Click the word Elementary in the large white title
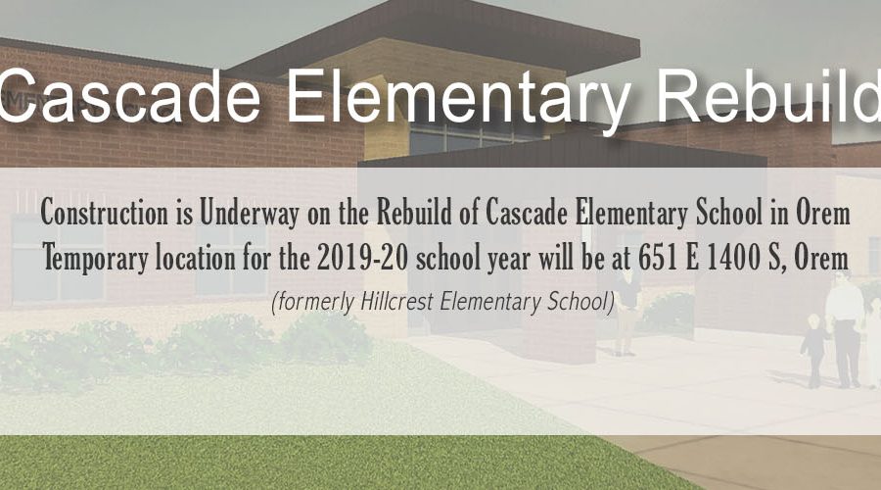point(458,97)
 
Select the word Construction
point(104,213)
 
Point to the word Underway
point(250,214)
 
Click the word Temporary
point(96,260)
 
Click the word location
point(196,259)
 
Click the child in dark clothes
point(814,351)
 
